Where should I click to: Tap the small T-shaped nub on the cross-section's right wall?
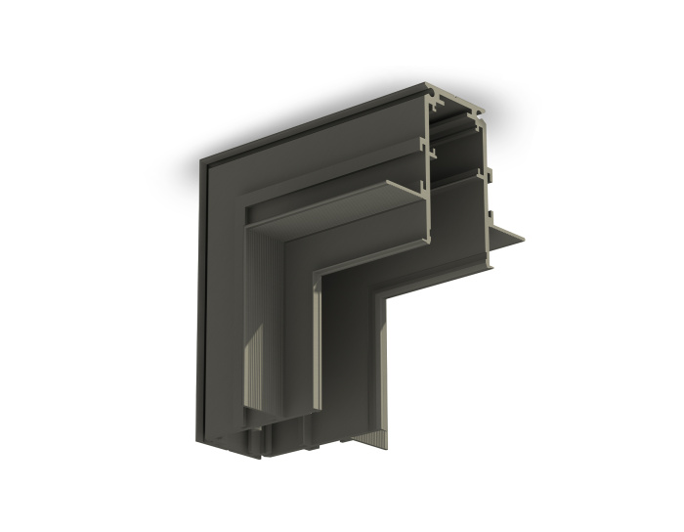pyautogui.click(x=490, y=178)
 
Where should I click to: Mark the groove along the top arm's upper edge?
pyautogui.click(x=313, y=127)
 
